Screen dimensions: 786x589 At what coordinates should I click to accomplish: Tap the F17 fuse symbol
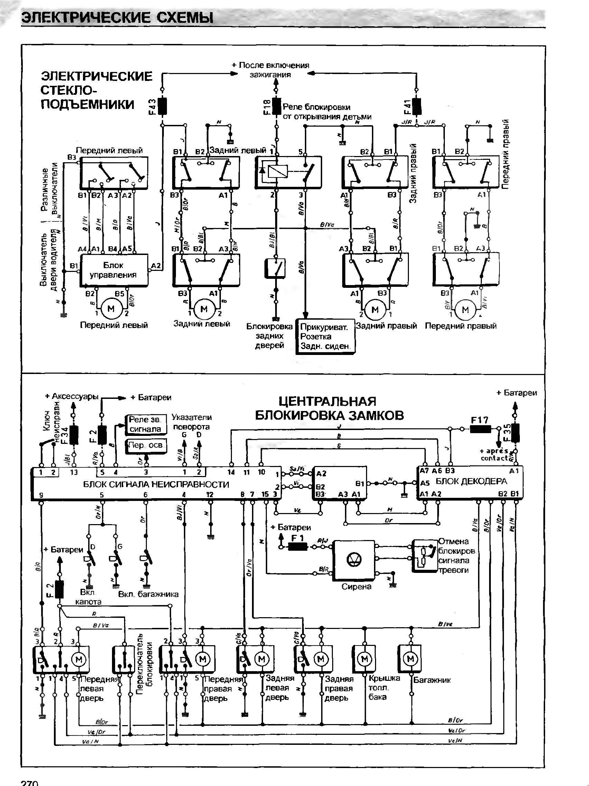pos(480,429)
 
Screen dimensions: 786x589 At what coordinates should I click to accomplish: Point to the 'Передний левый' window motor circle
pos(111,309)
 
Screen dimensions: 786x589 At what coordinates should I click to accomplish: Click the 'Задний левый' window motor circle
pos(204,309)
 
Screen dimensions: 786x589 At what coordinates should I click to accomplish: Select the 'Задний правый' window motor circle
pos(375,310)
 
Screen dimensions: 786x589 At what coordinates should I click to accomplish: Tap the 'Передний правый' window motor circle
pos(465,310)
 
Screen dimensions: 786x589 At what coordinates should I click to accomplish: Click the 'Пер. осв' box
pos(146,445)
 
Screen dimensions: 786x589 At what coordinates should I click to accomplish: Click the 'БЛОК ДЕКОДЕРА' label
pos(471,482)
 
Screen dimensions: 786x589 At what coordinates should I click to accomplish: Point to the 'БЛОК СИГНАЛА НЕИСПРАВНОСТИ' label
pos(156,484)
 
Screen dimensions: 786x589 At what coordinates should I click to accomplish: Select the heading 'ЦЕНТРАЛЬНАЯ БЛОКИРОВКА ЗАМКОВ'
pos(329,408)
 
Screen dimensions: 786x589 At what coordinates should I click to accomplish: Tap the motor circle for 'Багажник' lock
pos(411,659)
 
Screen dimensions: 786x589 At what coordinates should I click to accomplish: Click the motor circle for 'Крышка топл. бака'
pos(364,659)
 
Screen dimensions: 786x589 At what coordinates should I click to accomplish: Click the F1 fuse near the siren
pos(297,548)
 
